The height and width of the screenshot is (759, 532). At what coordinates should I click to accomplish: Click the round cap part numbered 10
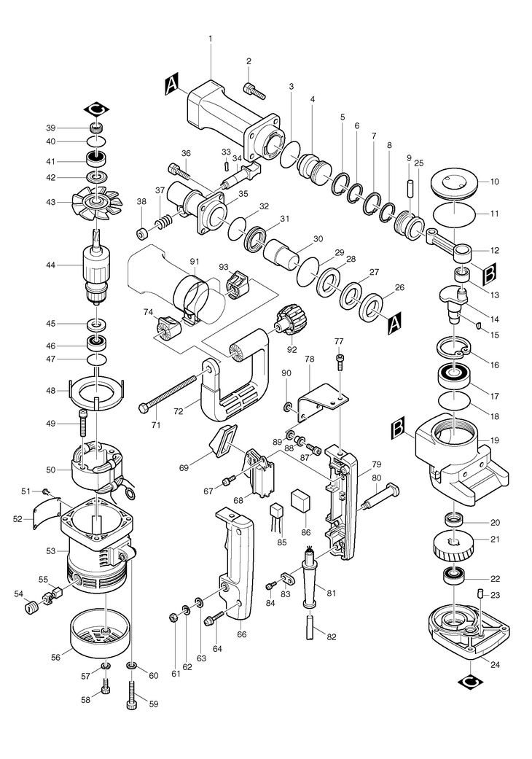[x=454, y=185]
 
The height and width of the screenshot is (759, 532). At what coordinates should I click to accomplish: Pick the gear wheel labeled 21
[x=453, y=545]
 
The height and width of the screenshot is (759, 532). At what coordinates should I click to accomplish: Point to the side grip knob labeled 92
[x=290, y=319]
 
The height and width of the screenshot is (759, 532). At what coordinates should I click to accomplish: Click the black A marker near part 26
[x=395, y=324]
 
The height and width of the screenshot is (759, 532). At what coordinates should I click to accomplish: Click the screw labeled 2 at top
[x=255, y=90]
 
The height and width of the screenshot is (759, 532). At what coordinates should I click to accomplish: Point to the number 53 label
[x=50, y=551]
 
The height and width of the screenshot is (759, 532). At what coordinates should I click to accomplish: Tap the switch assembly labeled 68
[x=261, y=472]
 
